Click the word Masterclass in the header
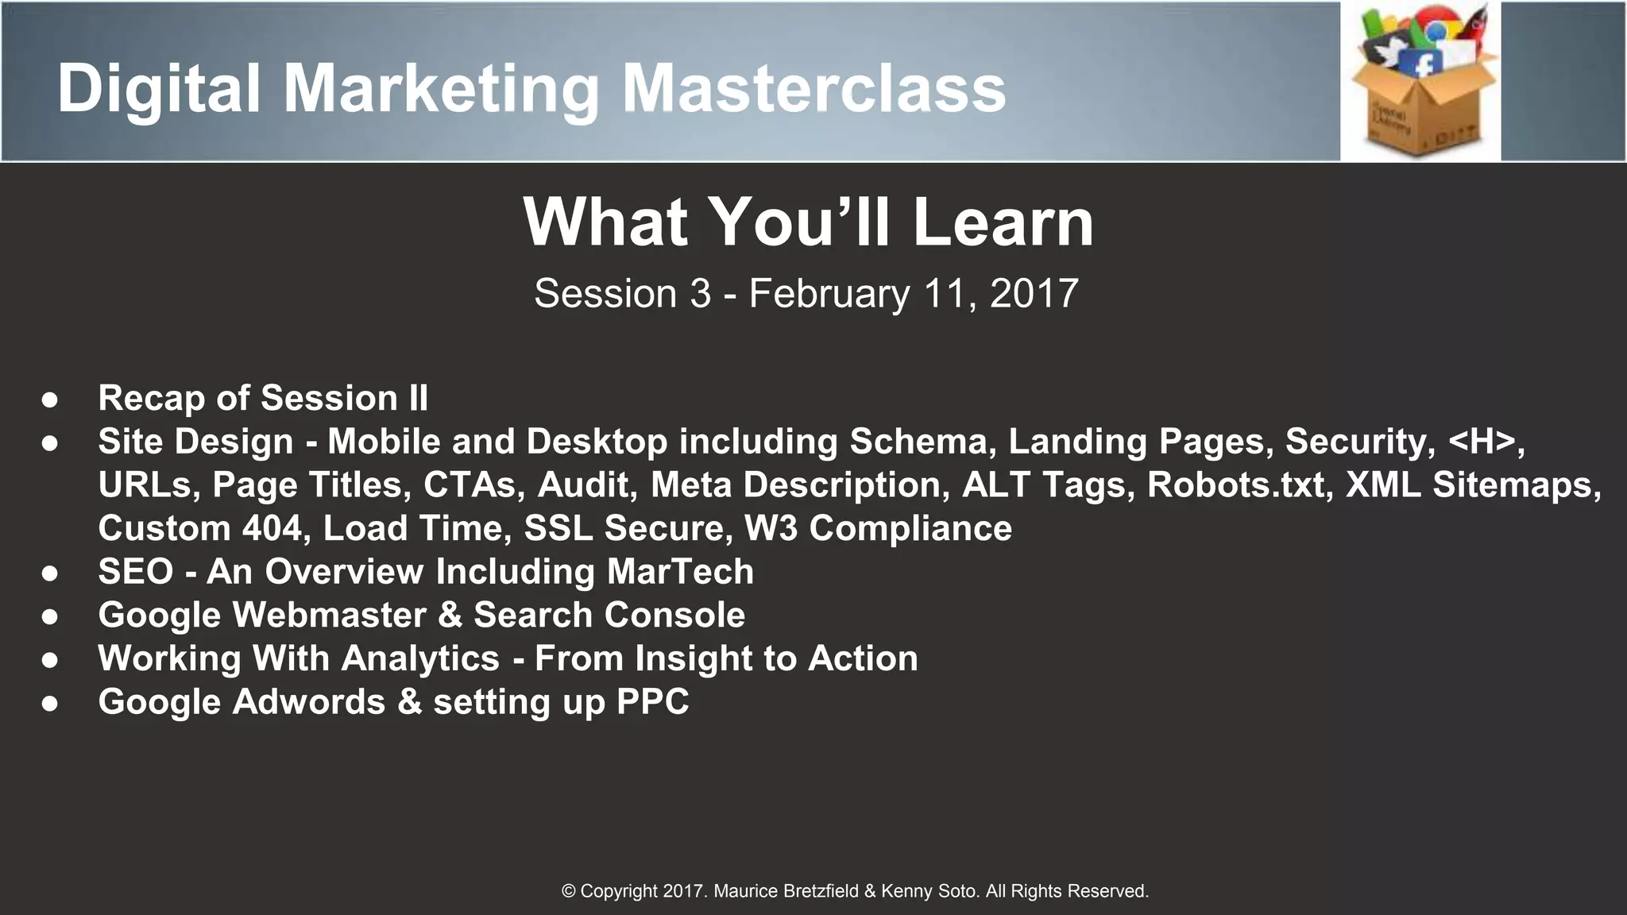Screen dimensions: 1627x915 (813, 89)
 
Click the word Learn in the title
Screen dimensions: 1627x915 (1003, 222)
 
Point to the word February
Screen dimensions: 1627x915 (829, 294)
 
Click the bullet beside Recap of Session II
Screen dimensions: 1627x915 (50, 400)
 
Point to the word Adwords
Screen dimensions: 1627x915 (308, 702)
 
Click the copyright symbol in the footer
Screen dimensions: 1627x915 (568, 891)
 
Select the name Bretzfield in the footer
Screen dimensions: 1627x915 (820, 891)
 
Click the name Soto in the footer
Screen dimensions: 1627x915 (958, 891)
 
